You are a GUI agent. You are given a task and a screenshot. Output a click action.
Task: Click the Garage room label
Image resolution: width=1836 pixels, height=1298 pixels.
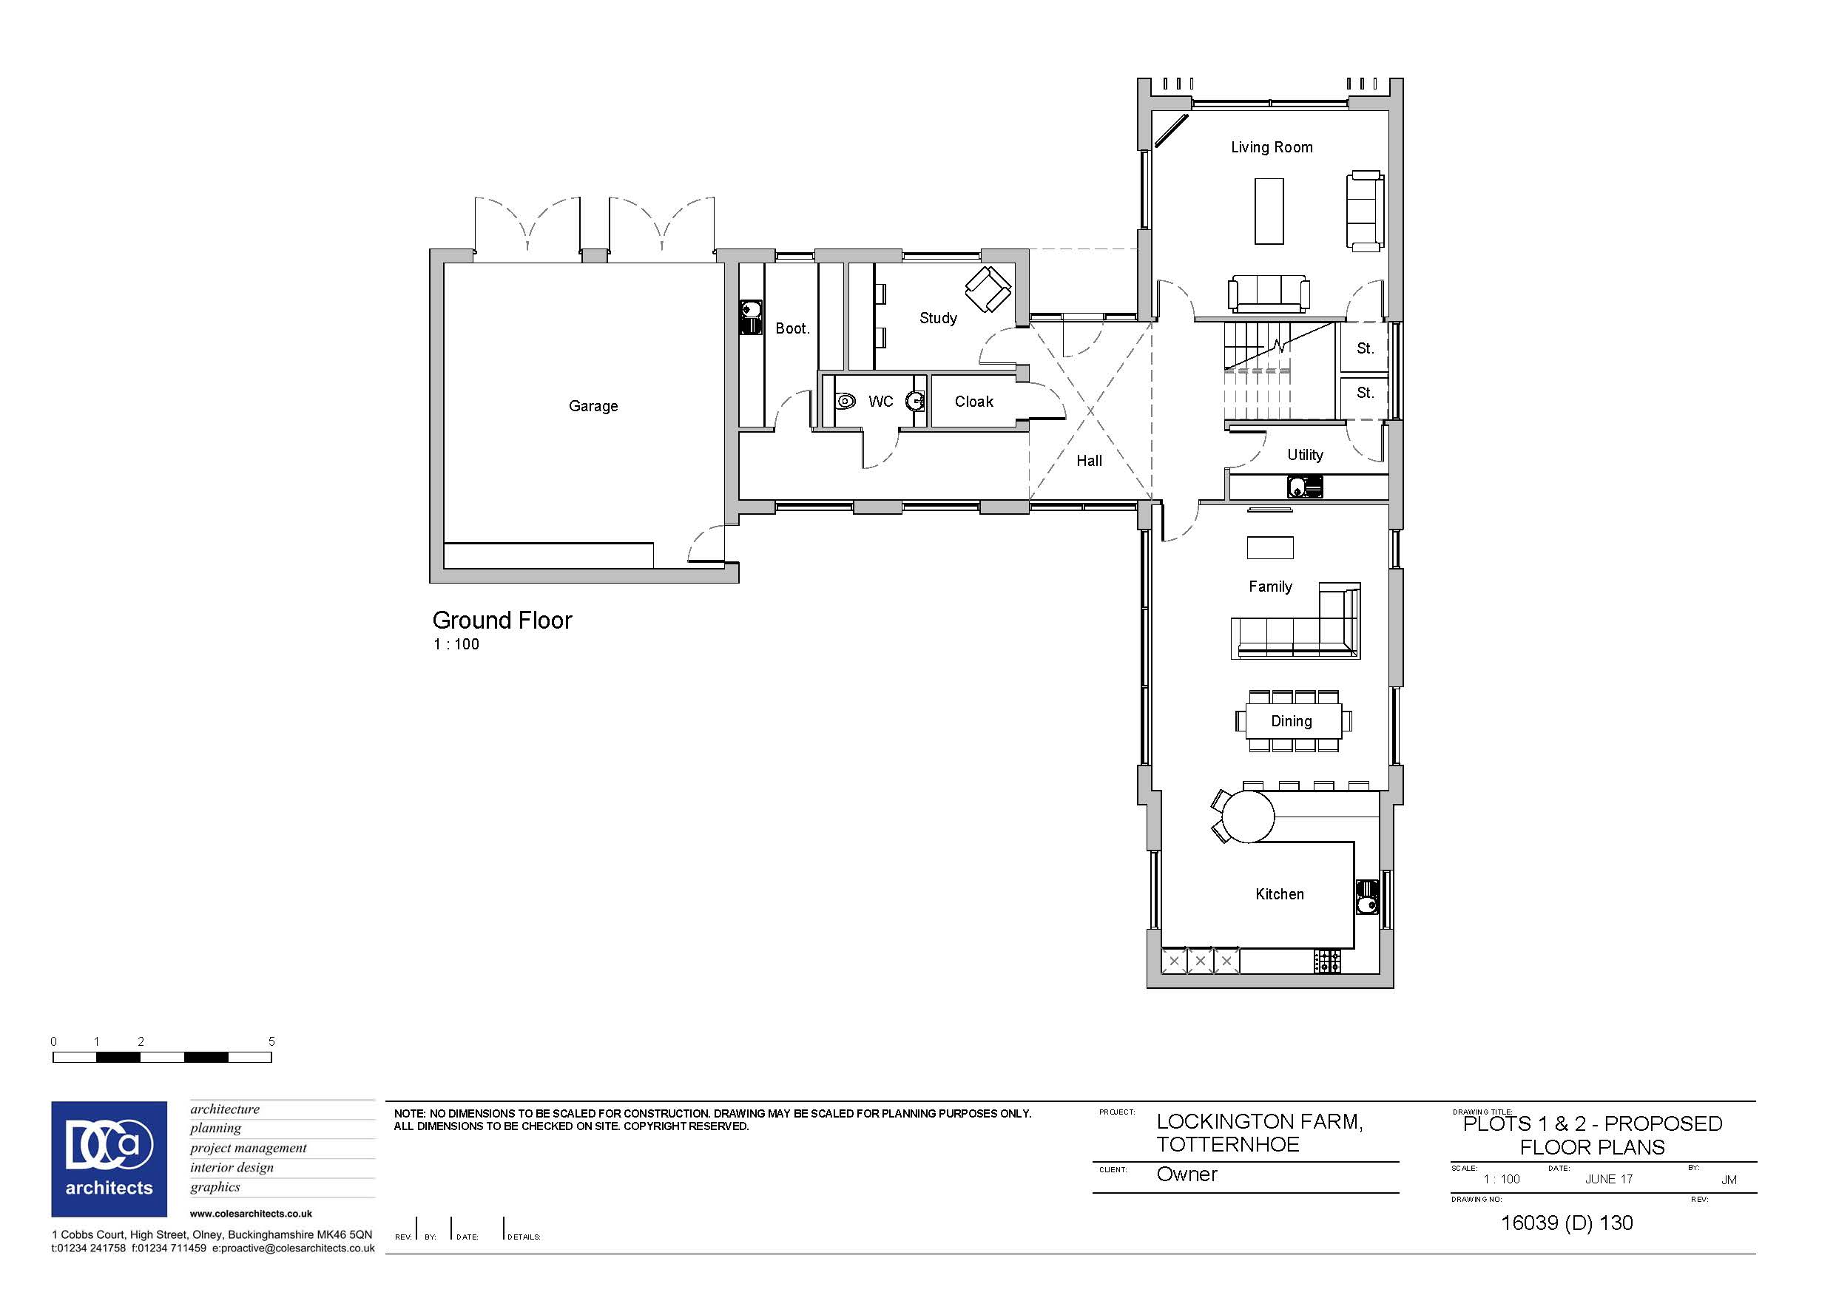(593, 406)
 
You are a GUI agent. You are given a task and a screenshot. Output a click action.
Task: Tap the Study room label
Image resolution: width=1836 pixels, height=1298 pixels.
(938, 318)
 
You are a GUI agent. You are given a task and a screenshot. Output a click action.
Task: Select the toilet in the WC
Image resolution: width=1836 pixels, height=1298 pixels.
(845, 401)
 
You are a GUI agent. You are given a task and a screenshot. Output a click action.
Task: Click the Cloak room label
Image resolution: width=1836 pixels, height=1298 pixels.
(973, 402)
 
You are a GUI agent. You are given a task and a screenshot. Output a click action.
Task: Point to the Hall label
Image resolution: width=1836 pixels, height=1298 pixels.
(1088, 461)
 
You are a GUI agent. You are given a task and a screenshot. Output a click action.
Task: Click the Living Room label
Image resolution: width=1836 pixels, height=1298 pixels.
(1272, 147)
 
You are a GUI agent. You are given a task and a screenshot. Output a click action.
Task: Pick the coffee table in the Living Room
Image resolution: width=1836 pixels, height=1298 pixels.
(1269, 210)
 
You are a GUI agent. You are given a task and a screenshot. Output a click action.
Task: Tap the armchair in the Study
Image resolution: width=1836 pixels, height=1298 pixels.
(988, 288)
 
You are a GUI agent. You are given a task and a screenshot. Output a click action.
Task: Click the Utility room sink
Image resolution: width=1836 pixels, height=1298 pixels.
(1304, 486)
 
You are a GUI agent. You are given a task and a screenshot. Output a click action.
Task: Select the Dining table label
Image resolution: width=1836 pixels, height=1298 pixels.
(1292, 721)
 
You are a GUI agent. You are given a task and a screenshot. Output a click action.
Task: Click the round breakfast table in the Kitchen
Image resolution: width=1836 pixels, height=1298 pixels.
(1247, 816)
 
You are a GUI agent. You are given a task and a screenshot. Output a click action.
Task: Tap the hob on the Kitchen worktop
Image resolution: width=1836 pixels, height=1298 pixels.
(1327, 961)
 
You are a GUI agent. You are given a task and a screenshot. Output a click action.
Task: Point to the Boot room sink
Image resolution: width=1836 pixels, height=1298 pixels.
(750, 317)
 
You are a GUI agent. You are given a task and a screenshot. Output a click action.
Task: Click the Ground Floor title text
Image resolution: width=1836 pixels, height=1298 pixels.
(502, 621)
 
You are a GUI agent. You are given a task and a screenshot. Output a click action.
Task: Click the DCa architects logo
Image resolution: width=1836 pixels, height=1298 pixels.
(109, 1159)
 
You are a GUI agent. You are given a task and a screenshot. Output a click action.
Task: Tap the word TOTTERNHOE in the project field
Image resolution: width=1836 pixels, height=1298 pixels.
(1227, 1144)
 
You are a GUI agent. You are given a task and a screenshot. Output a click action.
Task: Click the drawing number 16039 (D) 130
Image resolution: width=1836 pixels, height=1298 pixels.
(1567, 1223)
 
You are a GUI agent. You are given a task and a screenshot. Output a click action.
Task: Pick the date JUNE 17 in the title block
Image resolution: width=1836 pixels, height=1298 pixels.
(1609, 1180)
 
